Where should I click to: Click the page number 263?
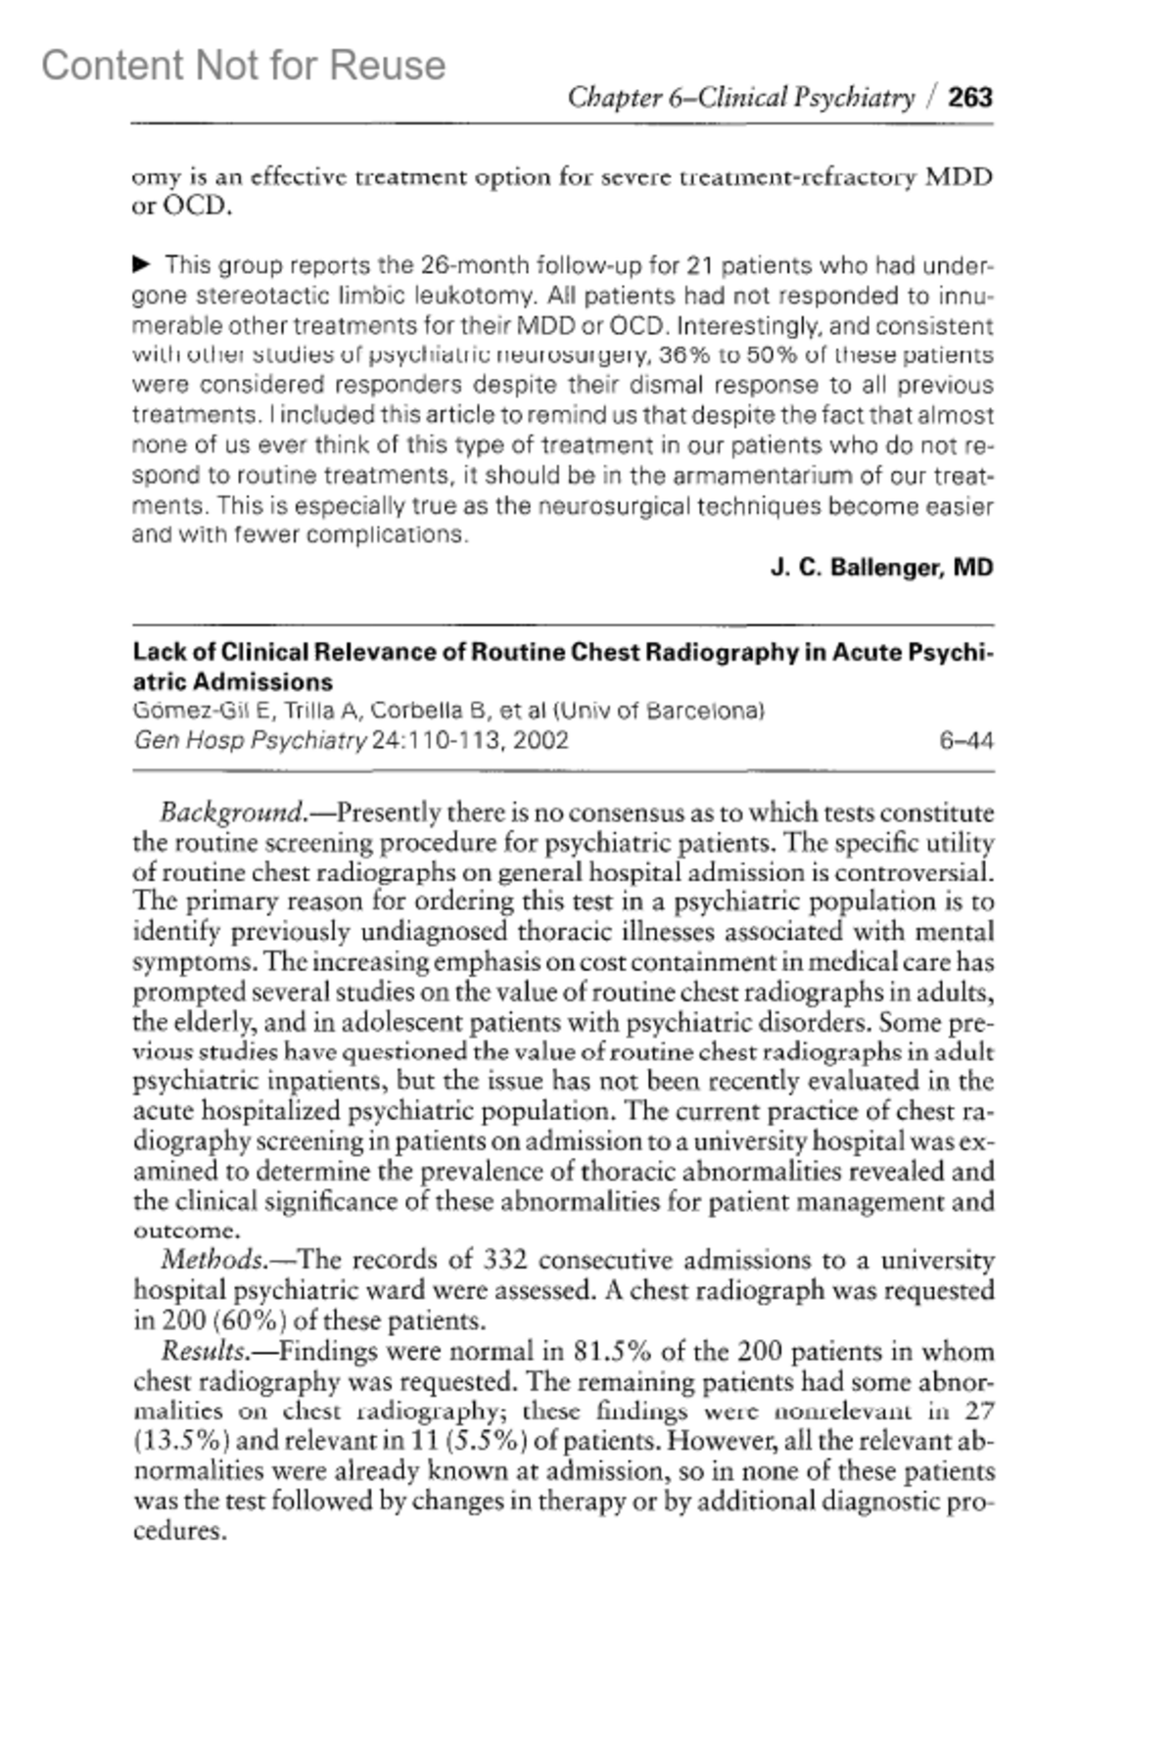[x=970, y=97]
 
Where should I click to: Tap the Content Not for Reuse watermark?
[x=243, y=66]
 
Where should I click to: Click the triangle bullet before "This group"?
[x=142, y=264]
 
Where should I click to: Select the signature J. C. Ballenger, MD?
[x=881, y=568]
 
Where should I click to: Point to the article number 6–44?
[x=965, y=740]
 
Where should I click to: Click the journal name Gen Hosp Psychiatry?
[x=250, y=740]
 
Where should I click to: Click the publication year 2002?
[x=540, y=740]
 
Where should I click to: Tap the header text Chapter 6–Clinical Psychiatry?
[x=740, y=97]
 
